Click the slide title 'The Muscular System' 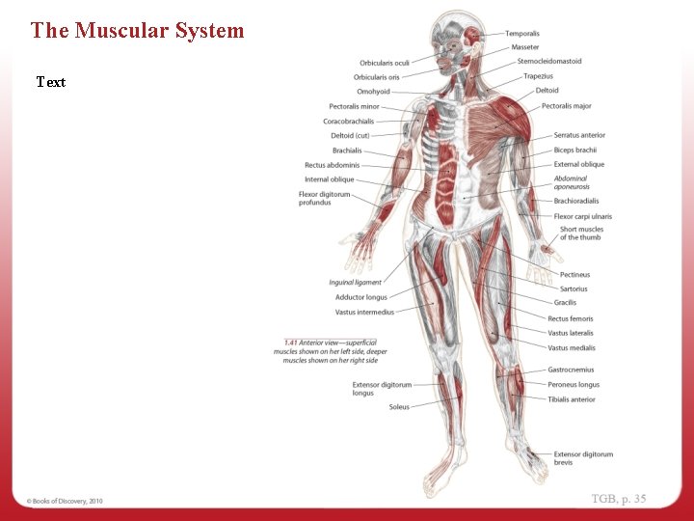tap(137, 30)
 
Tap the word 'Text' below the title tap(51, 82)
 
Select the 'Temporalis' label tap(522, 34)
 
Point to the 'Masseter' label tap(525, 47)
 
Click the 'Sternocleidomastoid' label tap(549, 62)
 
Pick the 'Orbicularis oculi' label tap(385, 64)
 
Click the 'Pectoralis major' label tap(567, 106)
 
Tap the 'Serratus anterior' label tap(579, 135)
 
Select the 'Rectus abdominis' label tap(332, 165)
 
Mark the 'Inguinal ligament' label tap(356, 283)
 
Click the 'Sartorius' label tap(574, 288)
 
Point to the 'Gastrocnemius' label tap(571, 370)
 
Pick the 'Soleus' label tap(399, 407)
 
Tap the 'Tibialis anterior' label tap(572, 399)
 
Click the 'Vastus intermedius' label tap(364, 313)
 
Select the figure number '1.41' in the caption tap(290, 343)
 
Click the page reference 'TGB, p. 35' tap(619, 499)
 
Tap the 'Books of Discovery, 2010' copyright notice tap(65, 501)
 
